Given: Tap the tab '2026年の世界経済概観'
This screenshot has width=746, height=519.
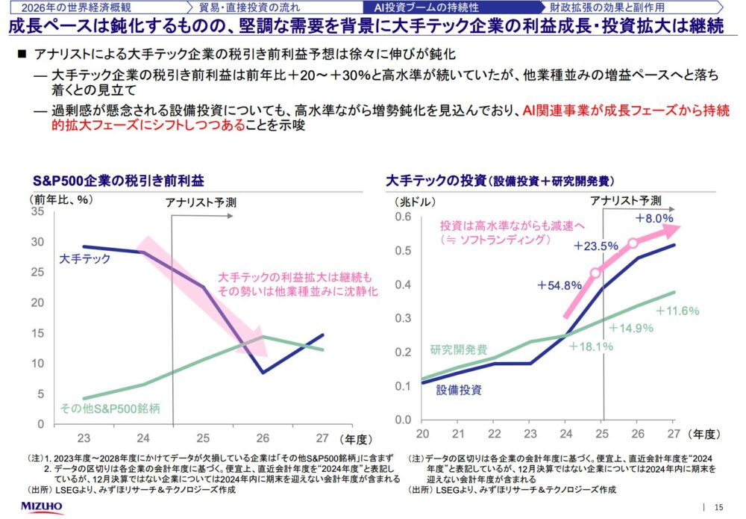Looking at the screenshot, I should [71, 8].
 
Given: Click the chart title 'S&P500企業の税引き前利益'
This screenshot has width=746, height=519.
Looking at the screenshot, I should [118, 181].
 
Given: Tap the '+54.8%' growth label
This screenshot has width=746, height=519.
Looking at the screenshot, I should [559, 285].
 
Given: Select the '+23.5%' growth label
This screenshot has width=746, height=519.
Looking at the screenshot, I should [596, 245].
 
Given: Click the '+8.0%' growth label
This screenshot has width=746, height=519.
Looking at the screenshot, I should [654, 218].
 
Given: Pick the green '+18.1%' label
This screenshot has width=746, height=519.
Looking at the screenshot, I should [590, 346].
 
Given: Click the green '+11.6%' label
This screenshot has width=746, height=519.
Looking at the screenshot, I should [677, 310].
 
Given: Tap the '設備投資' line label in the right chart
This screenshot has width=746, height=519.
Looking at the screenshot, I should [459, 389].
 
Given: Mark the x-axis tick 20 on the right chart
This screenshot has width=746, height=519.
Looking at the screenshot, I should [422, 433].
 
